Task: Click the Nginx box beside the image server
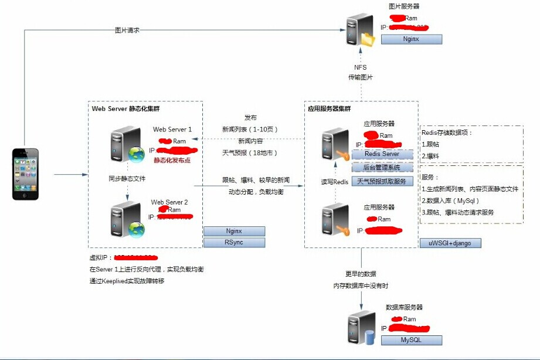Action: tap(411, 39)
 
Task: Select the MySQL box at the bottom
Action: tap(411, 340)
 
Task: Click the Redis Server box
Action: tap(382, 154)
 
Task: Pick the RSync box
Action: tap(234, 242)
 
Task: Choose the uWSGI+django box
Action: tap(450, 242)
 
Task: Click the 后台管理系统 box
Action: tap(382, 168)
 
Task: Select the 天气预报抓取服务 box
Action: tap(382, 182)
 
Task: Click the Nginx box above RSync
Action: tap(234, 231)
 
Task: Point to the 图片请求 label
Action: tap(127, 30)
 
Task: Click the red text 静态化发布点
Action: tap(172, 159)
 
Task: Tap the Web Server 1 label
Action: tap(172, 130)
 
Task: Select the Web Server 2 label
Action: tap(169, 202)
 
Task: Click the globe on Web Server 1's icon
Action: tap(137, 154)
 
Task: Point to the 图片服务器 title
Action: tap(404, 6)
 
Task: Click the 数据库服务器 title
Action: tap(404, 307)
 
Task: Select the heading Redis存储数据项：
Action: tap(447, 133)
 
